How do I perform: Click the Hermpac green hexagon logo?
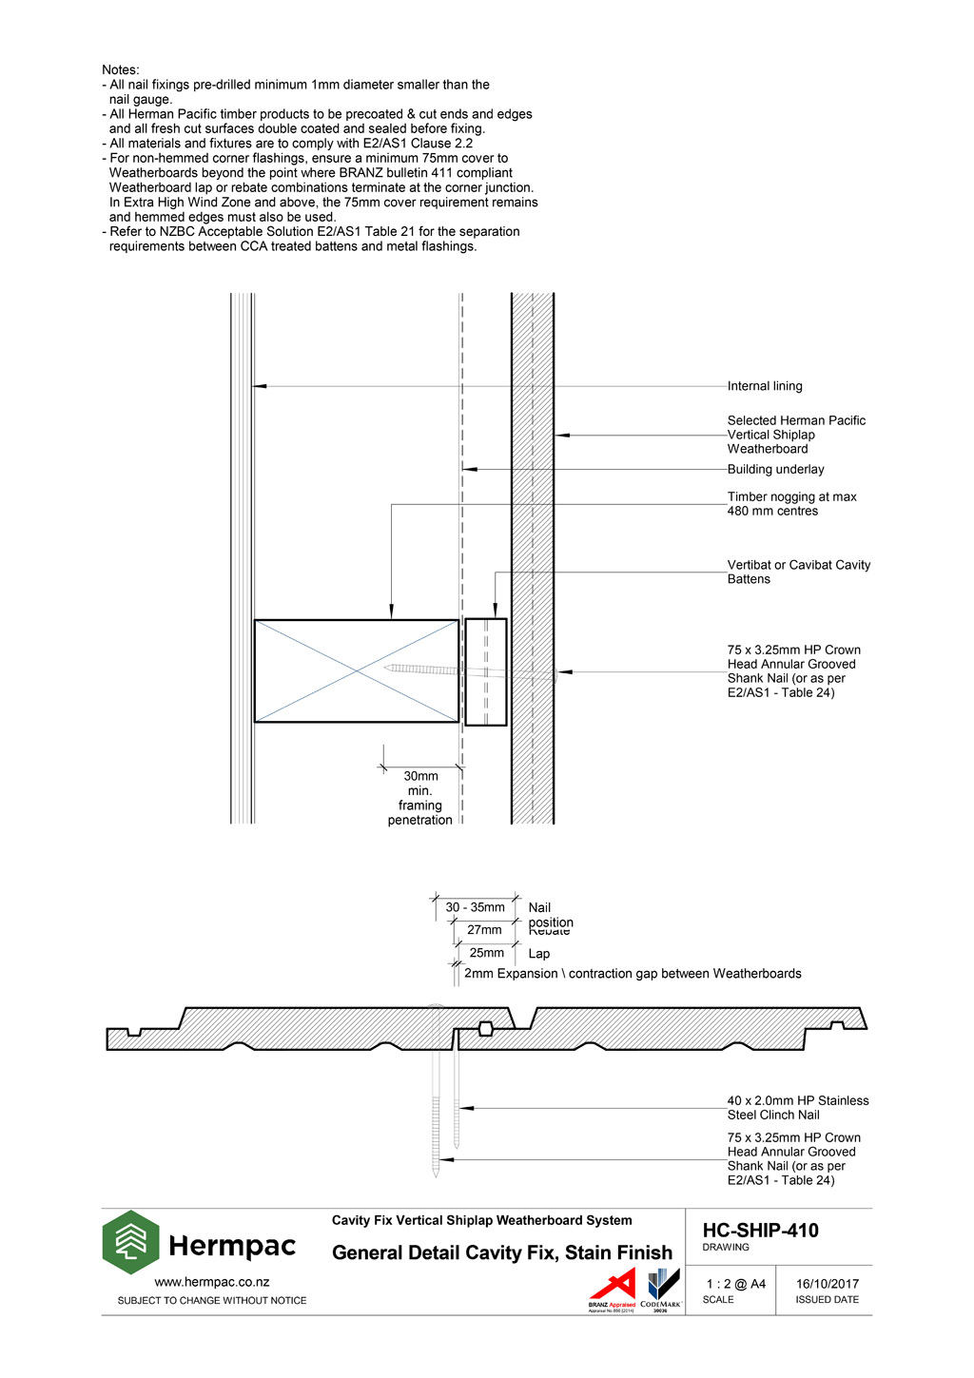[x=131, y=1242]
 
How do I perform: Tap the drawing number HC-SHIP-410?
[x=760, y=1231]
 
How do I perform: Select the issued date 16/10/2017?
[x=827, y=1284]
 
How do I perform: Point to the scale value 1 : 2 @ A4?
[x=735, y=1284]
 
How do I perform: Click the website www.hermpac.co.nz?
[x=211, y=1282]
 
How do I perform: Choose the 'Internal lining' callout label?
[x=765, y=386]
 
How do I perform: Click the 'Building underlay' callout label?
[x=775, y=469]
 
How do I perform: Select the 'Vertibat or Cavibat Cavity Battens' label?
[x=798, y=572]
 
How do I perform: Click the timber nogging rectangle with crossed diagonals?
[x=357, y=670]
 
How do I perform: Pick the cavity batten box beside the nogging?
[x=485, y=670]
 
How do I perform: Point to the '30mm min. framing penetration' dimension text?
[x=420, y=798]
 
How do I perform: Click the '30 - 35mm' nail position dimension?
[x=475, y=907]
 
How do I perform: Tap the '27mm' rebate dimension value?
[x=484, y=930]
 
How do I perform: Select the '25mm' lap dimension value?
[x=486, y=953]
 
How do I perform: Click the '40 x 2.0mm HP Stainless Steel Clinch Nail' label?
[x=797, y=1108]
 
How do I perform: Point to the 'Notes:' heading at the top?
[x=121, y=69]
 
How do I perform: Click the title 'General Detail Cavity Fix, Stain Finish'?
[x=501, y=1252]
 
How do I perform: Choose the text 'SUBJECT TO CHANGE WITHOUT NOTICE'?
[x=212, y=1300]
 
